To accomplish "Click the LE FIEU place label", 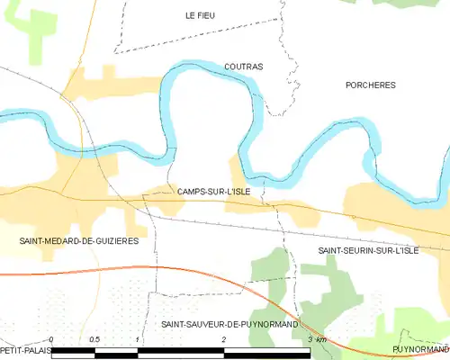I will [x=200, y=15].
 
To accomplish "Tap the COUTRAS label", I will [x=242, y=67].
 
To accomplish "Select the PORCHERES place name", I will [x=370, y=85].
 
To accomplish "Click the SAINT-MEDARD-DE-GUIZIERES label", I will [x=78, y=241].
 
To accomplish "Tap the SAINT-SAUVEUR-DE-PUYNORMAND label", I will [x=229, y=322].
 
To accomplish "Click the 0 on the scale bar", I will [x=52, y=339].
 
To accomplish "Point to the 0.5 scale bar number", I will [x=94, y=339].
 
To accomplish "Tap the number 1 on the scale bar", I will [x=137, y=339].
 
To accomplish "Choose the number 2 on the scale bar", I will [x=223, y=339].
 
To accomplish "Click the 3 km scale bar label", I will [x=315, y=339].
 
